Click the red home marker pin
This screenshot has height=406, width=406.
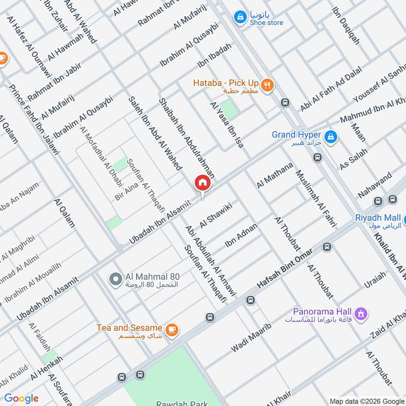pos(202,183)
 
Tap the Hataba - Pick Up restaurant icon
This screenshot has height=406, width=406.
pos(268,84)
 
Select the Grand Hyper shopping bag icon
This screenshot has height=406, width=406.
pos(330,137)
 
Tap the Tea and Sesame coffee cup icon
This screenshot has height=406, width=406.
pos(172,329)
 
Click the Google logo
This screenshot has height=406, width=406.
pos(21,398)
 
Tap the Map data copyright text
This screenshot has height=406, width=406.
pos(366,400)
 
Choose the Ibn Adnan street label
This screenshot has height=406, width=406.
pos(242,234)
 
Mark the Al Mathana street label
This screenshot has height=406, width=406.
pos(275,176)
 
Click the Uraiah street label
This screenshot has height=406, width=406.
pos(375,280)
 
